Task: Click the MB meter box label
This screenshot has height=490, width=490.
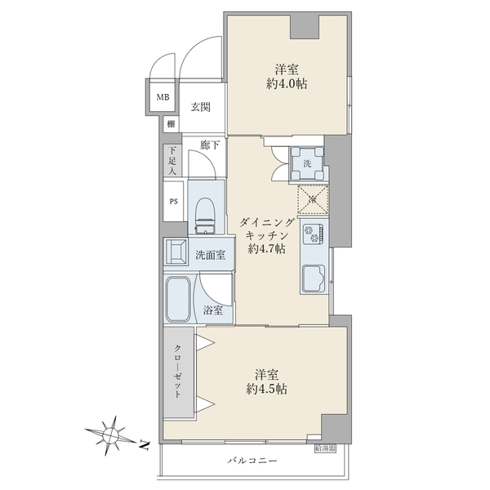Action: point(163,97)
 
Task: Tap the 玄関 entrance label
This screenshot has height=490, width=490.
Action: point(201,107)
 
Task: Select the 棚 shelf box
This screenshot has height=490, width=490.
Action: point(171,124)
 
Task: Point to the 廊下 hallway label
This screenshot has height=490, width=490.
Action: point(210,145)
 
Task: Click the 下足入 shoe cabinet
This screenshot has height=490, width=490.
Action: point(172,161)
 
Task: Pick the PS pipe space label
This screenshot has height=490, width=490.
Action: point(174,202)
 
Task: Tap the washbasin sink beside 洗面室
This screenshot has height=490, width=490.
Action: point(176,252)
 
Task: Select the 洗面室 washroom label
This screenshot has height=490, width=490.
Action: point(211,255)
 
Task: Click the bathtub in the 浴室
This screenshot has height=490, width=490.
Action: point(178,299)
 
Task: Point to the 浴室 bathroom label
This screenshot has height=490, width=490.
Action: point(213,310)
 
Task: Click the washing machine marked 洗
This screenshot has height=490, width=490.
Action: point(308,164)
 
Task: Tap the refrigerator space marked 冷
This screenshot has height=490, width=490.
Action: point(313,199)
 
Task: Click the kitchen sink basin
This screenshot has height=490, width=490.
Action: point(314,277)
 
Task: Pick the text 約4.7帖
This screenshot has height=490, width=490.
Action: point(266,249)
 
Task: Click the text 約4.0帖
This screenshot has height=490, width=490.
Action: point(287,84)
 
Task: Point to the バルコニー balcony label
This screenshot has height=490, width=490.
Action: point(252,461)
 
